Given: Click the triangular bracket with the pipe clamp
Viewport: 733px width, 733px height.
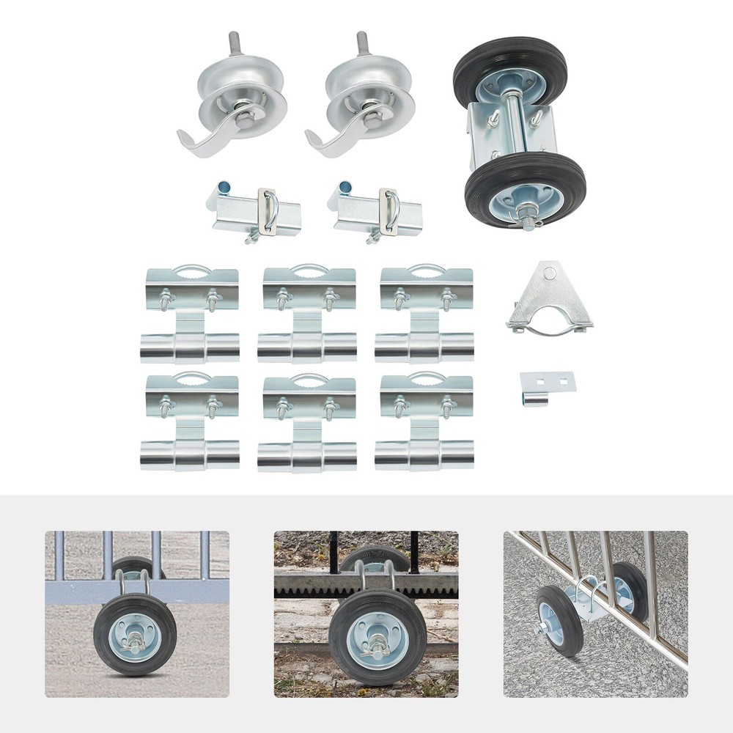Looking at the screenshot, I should [x=548, y=301].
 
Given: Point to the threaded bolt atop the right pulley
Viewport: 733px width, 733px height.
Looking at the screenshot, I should [x=362, y=43].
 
